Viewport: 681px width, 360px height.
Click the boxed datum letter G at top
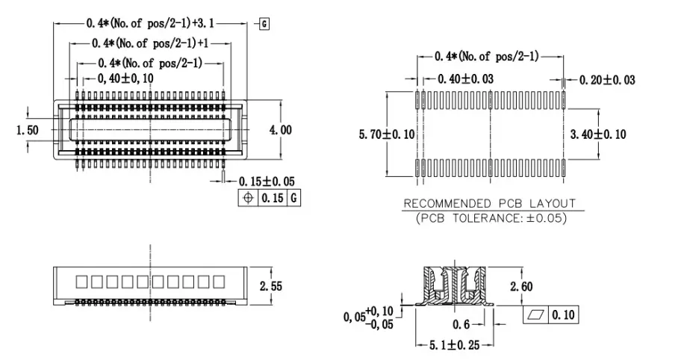pyautogui.click(x=264, y=24)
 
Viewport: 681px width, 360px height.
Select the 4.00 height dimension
pyautogui.click(x=281, y=129)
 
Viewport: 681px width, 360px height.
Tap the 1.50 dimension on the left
pyautogui.click(x=28, y=130)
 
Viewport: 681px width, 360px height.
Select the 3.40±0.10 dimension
pyautogui.click(x=597, y=134)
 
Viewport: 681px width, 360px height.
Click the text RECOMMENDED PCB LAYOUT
pyautogui.click(x=489, y=203)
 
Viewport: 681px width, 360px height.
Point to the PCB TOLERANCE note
pyautogui.click(x=489, y=218)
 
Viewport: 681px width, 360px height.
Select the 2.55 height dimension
pyautogui.click(x=271, y=285)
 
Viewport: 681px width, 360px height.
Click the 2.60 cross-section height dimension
pyautogui.click(x=521, y=287)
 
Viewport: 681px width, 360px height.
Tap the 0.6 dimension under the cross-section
pyautogui.click(x=460, y=324)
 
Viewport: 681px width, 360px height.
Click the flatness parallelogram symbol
pyautogui.click(x=535, y=315)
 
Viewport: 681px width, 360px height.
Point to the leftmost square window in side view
pyautogui.click(x=83, y=282)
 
